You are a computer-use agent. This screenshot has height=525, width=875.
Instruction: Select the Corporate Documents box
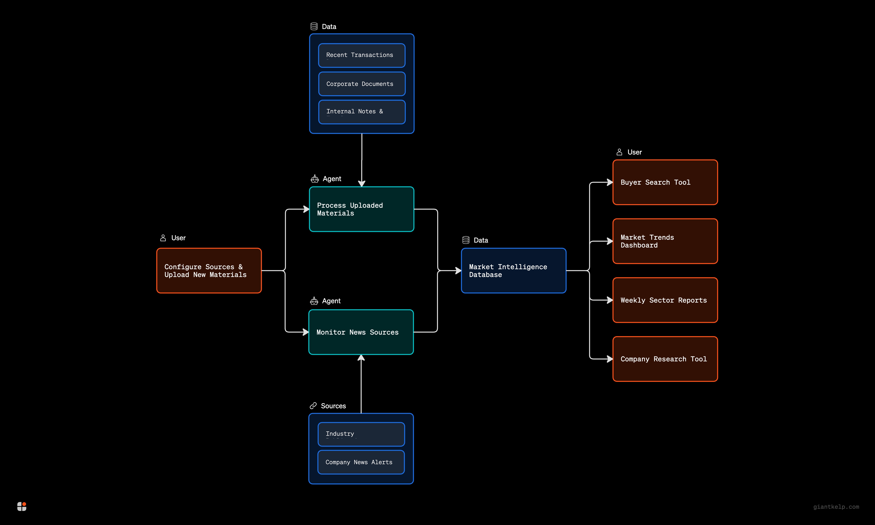click(361, 84)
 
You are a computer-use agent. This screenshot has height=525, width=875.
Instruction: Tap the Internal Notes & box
click(361, 112)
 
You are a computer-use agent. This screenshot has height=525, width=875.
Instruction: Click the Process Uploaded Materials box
click(361, 209)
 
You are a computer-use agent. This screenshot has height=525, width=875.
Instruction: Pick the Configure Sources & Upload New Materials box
click(209, 271)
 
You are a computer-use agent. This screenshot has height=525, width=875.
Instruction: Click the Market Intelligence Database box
click(513, 271)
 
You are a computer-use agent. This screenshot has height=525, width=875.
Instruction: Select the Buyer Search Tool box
click(665, 182)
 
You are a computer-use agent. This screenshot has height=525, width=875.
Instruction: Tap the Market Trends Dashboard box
click(665, 241)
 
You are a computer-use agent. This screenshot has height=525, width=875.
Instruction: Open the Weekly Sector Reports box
click(665, 300)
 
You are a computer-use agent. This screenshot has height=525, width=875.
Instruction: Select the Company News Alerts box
click(361, 462)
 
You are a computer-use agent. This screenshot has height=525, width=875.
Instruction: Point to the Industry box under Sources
click(361, 434)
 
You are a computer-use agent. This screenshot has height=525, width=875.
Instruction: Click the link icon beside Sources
click(313, 406)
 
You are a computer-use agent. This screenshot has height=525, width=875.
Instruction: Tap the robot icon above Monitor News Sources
click(314, 301)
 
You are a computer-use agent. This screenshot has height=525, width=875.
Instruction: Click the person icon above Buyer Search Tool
click(619, 152)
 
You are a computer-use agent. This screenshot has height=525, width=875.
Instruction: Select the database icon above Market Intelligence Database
click(466, 240)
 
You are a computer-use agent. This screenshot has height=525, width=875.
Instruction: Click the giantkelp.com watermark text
click(836, 507)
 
